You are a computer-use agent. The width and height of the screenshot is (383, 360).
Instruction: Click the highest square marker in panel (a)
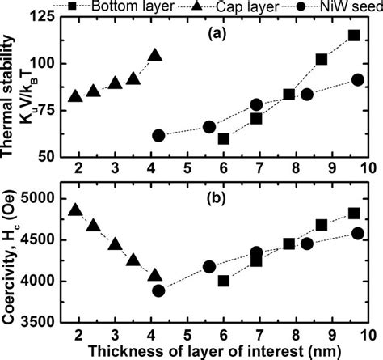point(354,35)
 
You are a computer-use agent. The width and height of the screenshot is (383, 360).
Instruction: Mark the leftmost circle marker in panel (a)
point(158,135)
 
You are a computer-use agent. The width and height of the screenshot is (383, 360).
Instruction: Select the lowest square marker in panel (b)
point(224,281)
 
